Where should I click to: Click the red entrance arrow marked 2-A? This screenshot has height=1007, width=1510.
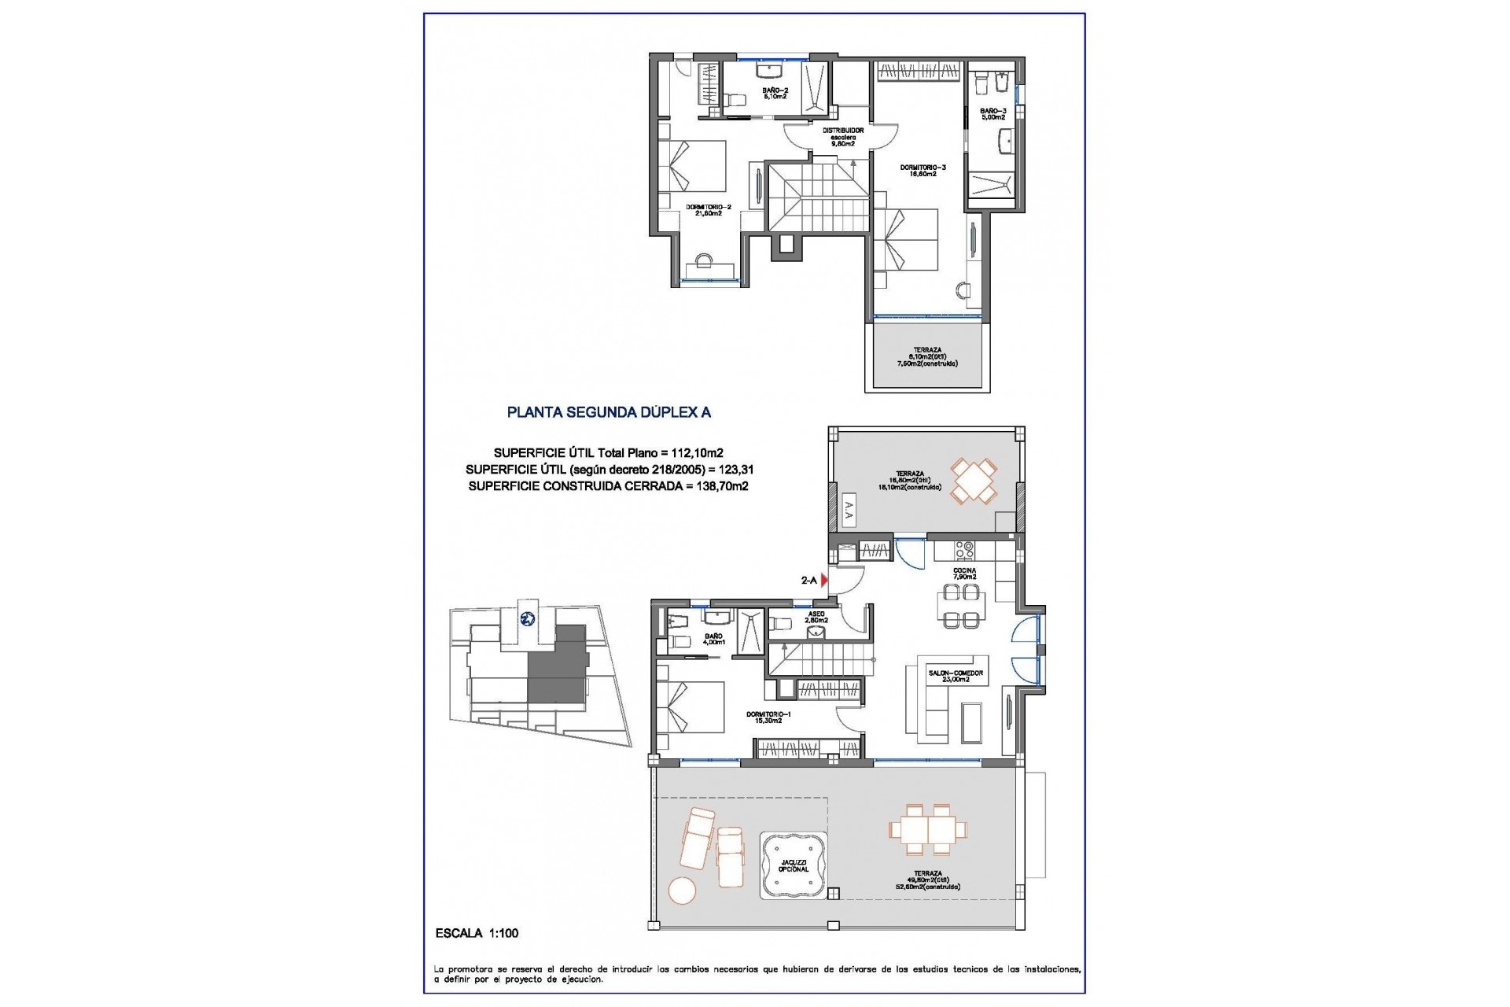tap(824, 581)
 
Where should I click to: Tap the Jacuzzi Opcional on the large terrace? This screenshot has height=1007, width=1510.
tap(793, 865)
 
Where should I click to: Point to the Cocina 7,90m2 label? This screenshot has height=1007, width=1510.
tap(965, 574)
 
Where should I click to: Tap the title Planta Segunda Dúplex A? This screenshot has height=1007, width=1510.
tap(609, 411)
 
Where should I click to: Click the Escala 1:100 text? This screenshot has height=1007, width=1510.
tap(477, 933)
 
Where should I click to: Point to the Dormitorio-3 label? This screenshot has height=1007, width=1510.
tap(918, 170)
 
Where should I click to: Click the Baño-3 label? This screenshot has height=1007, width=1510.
tap(993, 114)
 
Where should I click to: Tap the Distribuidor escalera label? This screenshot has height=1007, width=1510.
tap(843, 136)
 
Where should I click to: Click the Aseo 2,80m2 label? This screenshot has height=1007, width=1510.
tap(816, 616)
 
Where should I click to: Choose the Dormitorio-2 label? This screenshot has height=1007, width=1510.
tap(709, 210)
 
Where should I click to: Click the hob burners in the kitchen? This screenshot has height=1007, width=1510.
tap(964, 548)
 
